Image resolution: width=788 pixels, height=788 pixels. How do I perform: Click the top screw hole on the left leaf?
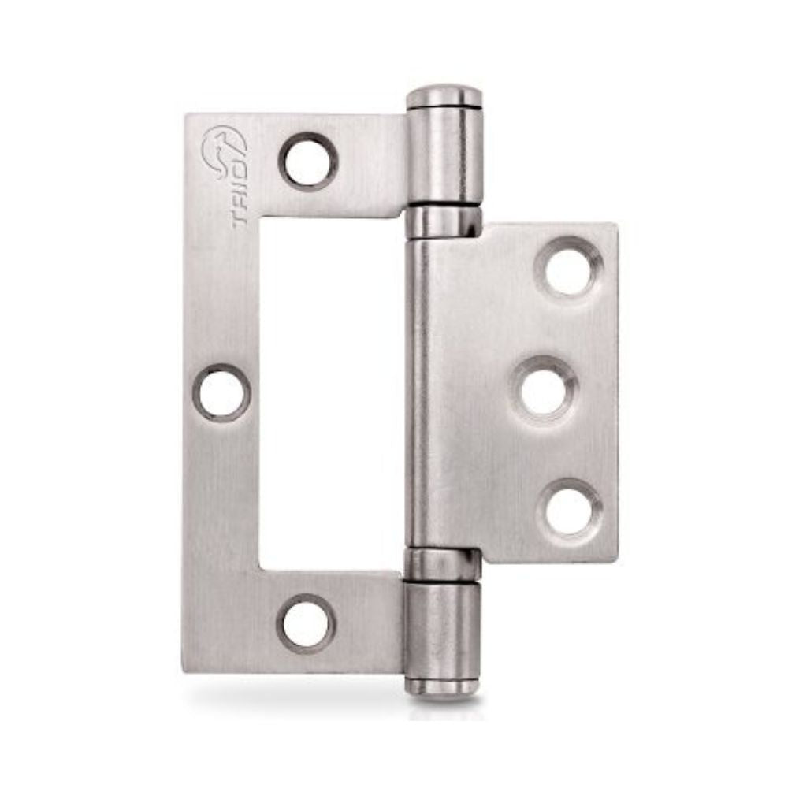click(x=308, y=162)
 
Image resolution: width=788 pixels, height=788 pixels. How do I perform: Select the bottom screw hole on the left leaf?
click(x=307, y=623)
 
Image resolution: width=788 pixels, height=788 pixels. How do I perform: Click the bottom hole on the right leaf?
click(x=569, y=510)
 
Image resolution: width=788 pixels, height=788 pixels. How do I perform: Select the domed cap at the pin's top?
click(x=444, y=95)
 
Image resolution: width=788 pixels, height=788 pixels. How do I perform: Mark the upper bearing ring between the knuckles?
click(x=444, y=220)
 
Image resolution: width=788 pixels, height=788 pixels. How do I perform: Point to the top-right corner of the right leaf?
click(x=615, y=227)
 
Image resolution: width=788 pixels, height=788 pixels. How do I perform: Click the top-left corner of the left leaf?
click(x=188, y=117)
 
